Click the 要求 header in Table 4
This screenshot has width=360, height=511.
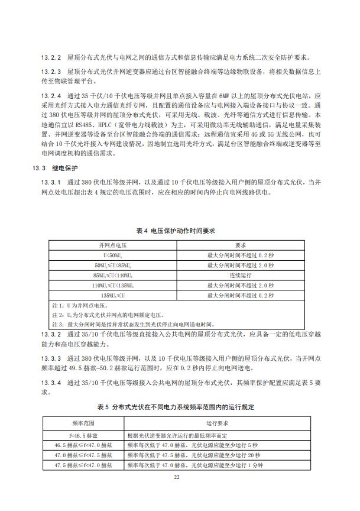point(241,244)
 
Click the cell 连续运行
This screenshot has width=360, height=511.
point(241,275)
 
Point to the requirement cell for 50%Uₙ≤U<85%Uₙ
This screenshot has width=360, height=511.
point(241,265)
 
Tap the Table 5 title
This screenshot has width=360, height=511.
point(180,407)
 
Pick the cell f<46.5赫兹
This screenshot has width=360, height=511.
point(83,435)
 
